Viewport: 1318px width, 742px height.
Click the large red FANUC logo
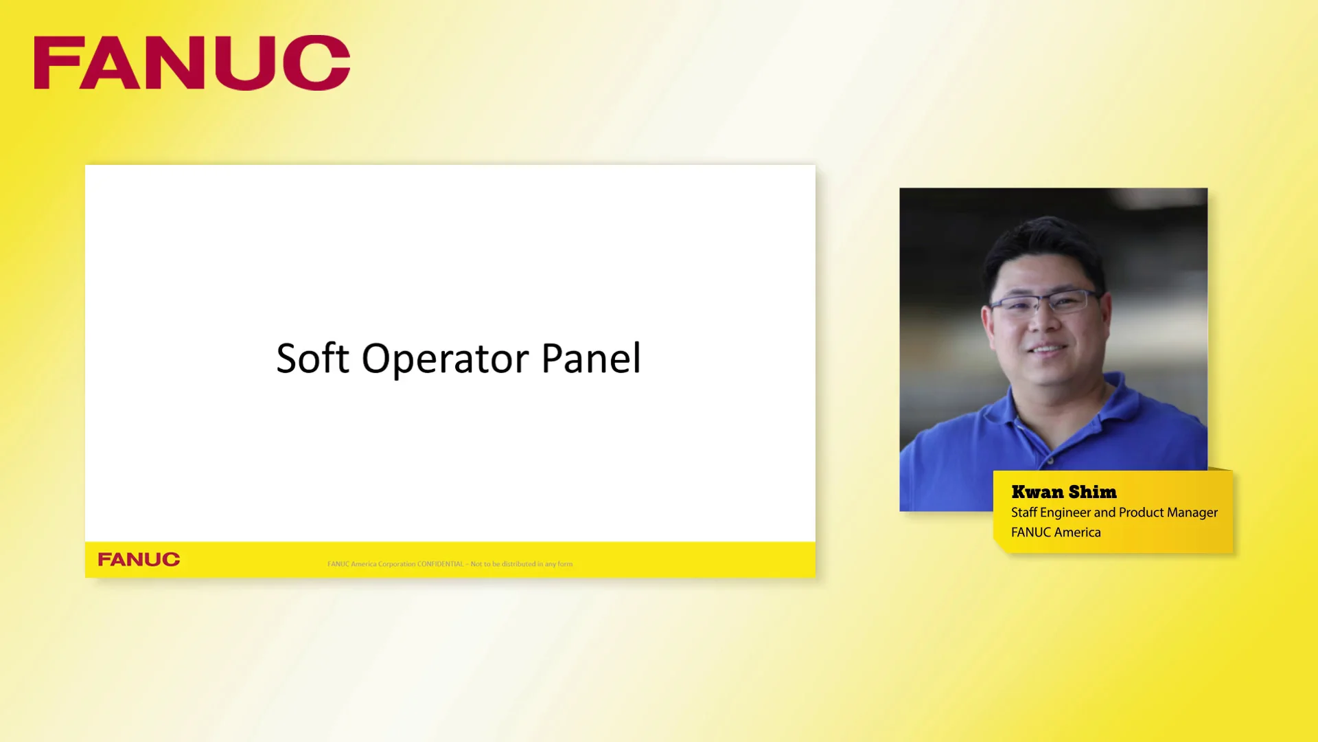tap(192, 63)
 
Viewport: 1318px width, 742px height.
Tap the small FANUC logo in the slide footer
tap(139, 559)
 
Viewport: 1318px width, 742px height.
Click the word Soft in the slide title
tap(312, 359)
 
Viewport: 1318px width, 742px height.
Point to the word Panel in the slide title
tap(591, 359)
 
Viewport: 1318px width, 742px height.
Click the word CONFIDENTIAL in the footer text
tap(440, 564)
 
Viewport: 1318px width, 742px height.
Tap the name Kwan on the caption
tap(1037, 492)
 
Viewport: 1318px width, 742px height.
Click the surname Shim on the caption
tap(1092, 492)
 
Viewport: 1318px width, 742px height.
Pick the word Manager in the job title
tap(1192, 513)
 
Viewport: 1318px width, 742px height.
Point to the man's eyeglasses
tap(1044, 302)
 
